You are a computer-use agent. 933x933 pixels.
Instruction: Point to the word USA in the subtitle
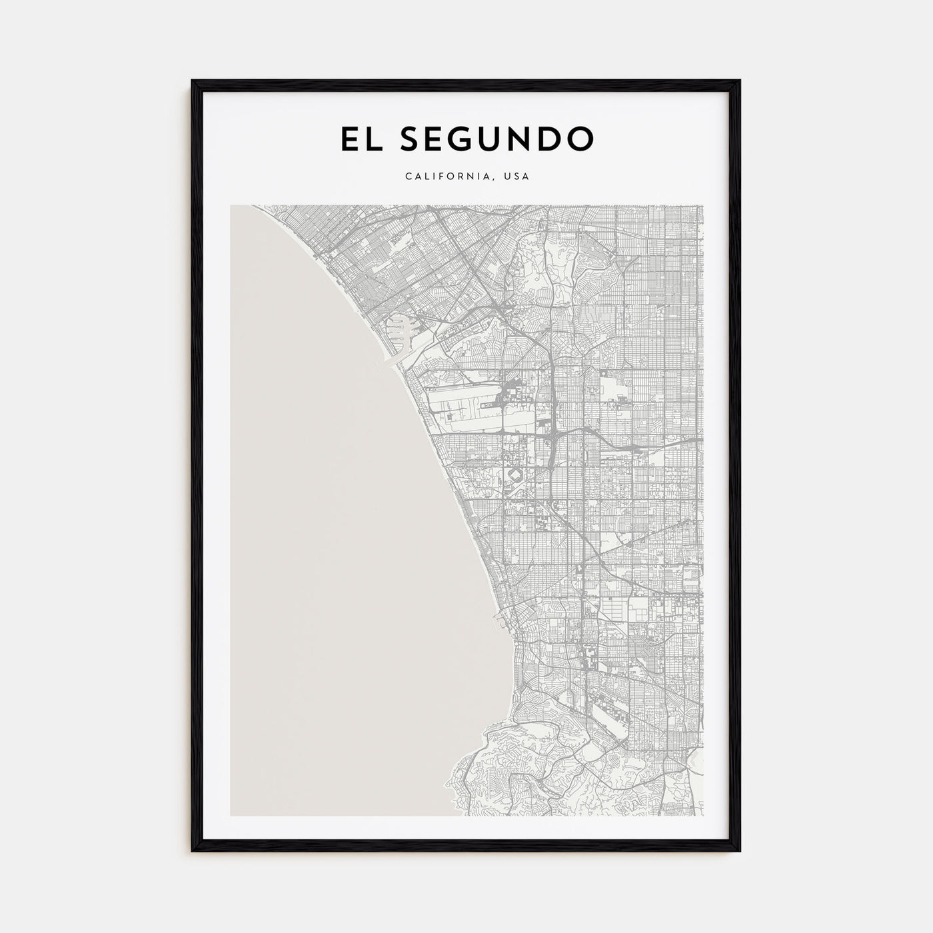(516, 177)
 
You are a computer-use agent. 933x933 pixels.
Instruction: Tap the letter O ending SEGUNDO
(579, 139)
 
